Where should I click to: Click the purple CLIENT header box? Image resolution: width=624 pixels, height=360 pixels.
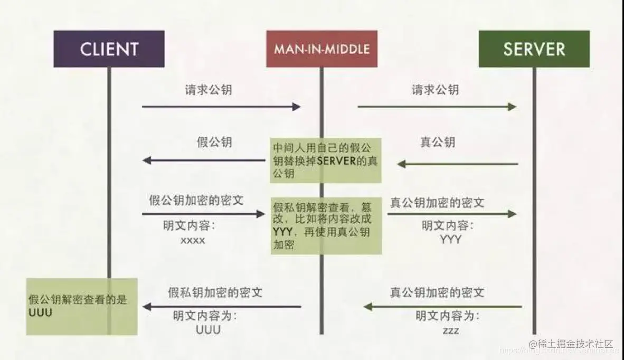pyautogui.click(x=109, y=49)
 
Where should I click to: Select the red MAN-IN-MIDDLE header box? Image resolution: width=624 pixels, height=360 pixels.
pyautogui.click(x=322, y=49)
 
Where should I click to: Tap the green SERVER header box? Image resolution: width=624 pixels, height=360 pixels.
pyautogui.click(x=534, y=49)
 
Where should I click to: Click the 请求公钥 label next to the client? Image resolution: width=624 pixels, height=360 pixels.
pyautogui.click(x=208, y=90)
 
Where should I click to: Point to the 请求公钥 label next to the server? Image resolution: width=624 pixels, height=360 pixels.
pyautogui.click(x=435, y=90)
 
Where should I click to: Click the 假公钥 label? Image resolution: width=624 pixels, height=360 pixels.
pyautogui.click(x=214, y=142)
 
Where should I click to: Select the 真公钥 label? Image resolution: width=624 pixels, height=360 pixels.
pyautogui.click(x=437, y=142)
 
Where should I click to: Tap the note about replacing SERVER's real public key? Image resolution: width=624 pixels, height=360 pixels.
pyautogui.click(x=325, y=160)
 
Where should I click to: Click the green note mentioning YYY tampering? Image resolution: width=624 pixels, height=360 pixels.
pyautogui.click(x=326, y=225)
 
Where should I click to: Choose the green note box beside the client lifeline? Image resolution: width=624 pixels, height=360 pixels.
pyautogui.click(x=82, y=306)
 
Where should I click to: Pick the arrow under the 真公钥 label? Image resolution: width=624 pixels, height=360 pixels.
pyautogui.click(x=457, y=164)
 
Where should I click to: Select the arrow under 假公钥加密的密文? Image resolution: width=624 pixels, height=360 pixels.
pyautogui.click(x=203, y=214)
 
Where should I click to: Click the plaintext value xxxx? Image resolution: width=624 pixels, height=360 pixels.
pyautogui.click(x=192, y=240)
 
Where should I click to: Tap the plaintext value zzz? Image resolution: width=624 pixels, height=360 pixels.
pyautogui.click(x=450, y=330)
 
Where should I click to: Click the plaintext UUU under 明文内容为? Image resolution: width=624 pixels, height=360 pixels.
pyautogui.click(x=208, y=330)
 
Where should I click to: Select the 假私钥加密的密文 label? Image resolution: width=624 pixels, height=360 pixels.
pyautogui.click(x=215, y=292)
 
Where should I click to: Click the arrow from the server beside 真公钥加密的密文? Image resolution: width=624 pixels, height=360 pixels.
pyautogui.click(x=443, y=307)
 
